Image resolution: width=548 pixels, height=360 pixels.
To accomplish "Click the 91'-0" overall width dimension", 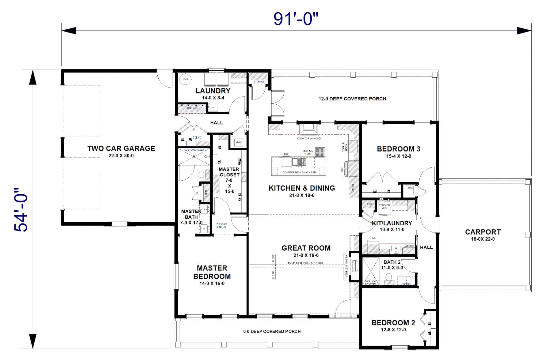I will coord(296,19).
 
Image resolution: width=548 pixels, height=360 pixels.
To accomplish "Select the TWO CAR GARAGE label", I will coord(121,148).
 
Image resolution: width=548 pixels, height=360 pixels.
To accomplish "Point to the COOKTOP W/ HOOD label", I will coord(309,138).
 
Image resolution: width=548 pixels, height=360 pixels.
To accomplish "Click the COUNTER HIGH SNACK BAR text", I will coord(299,172).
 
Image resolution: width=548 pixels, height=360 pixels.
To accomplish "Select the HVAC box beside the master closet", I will coord(239,142).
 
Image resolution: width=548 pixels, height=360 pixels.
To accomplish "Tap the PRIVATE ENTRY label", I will coord(221,225).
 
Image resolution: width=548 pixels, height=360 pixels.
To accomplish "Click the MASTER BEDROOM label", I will coord(212,272).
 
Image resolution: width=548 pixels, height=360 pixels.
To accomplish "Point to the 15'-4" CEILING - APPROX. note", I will coord(305,263).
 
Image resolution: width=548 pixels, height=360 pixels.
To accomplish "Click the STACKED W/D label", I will coord(384,207).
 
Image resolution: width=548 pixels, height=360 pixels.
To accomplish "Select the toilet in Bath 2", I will coord(389,276).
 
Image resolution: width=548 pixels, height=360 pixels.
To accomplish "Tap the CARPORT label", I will coord(483,232).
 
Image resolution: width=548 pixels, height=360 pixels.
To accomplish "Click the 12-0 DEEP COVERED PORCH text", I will coord(352,99).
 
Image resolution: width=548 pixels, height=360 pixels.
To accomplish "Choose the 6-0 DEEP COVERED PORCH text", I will coord(272,331).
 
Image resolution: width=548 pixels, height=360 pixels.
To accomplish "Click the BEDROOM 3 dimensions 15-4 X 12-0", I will coord(398,156).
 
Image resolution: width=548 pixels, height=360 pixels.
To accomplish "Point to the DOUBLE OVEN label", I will coord(345,147).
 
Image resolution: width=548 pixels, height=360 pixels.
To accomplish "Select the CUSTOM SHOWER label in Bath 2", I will coord(370,282).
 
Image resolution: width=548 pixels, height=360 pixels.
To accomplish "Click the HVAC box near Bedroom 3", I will coord(409,188).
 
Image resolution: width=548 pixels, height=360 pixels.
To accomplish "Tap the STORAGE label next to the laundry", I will coord(259,82).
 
